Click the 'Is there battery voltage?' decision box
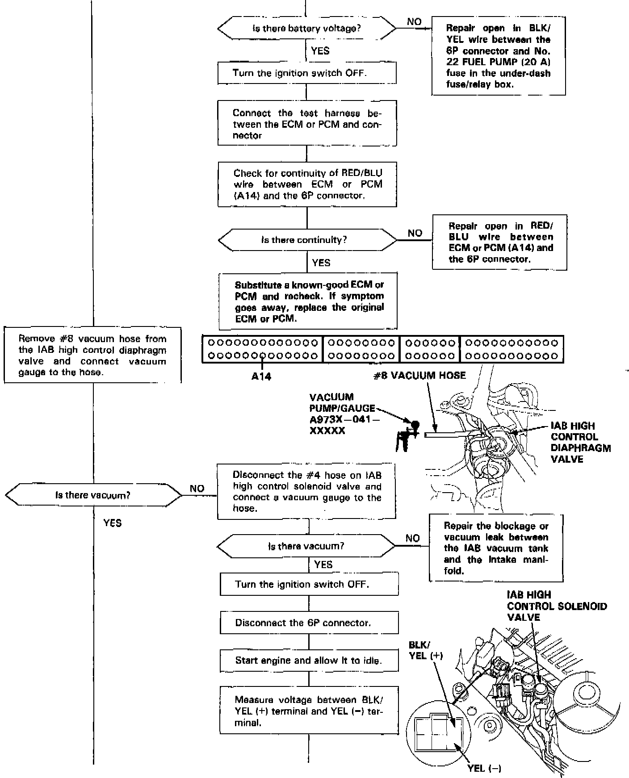306,29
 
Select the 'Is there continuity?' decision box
307,240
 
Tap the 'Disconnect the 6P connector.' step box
309,623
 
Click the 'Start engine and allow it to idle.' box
309,661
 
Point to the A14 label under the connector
261,376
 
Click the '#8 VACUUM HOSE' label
419,376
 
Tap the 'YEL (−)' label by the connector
484,768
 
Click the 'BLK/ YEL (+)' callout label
425,650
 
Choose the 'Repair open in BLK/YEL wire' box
498,56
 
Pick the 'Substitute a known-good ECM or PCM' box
308,301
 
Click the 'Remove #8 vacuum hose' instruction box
92,355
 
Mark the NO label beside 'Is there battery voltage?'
414,22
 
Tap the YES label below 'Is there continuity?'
321,263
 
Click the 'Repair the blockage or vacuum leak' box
496,548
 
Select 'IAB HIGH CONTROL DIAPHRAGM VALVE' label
580,442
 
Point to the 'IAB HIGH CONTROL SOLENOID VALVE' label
556,606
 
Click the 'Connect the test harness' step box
307,124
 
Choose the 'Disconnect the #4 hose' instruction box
306,492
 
